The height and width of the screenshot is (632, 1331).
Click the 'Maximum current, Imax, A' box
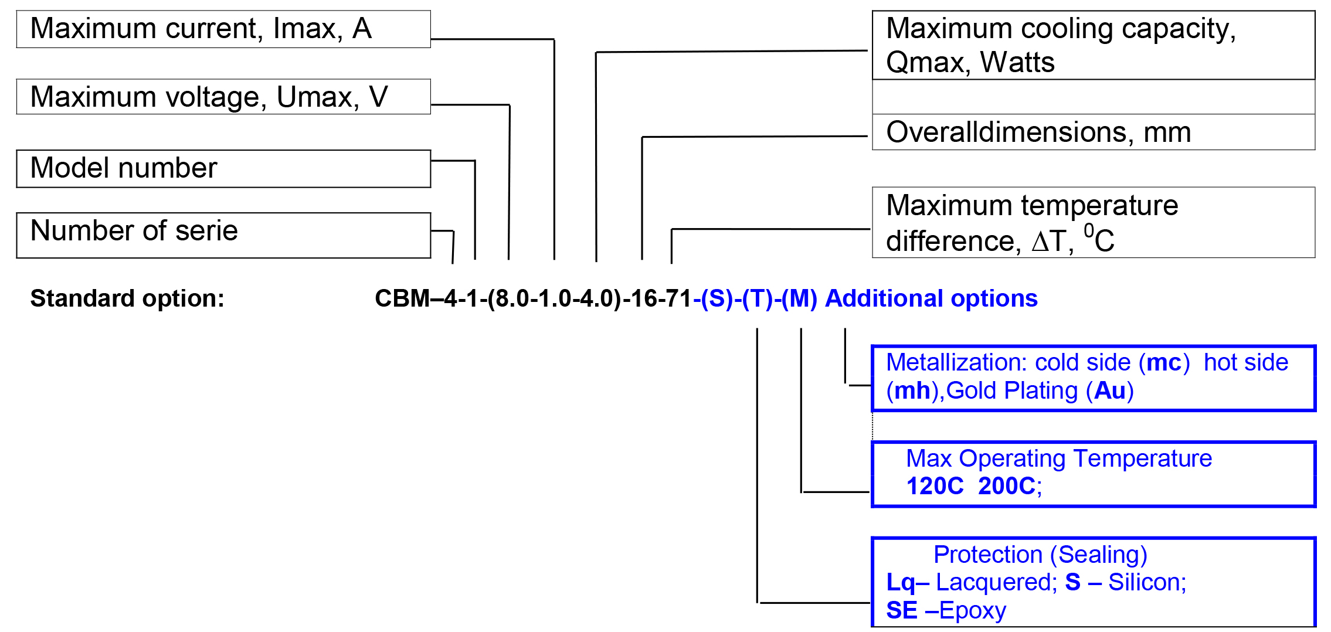pyautogui.click(x=223, y=29)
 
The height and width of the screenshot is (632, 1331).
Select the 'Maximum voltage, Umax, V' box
pyautogui.click(x=223, y=97)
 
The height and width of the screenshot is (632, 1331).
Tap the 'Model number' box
pyautogui.click(x=223, y=169)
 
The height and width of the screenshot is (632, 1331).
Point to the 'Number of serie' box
pyautogui.click(x=223, y=235)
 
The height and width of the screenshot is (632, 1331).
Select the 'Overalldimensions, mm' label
pyautogui.click(x=1038, y=132)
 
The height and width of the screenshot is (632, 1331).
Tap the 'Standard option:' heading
pyautogui.click(x=127, y=298)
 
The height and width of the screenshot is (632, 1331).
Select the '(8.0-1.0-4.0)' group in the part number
pyautogui.click(x=554, y=298)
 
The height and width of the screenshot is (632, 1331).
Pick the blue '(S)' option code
pyautogui.click(x=717, y=298)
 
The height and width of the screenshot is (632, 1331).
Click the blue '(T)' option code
pyautogui.click(x=757, y=298)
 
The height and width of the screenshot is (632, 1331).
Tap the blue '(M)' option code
pyautogui.click(x=799, y=298)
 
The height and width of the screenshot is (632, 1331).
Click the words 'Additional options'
pyautogui.click(x=931, y=298)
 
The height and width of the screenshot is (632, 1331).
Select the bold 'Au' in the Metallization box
pyautogui.click(x=1109, y=390)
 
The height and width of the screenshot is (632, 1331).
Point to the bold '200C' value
pyautogui.click(x=1006, y=486)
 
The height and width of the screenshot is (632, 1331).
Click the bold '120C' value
pyautogui.click(x=935, y=486)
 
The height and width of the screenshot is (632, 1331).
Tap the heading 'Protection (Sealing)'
pyautogui.click(x=1040, y=554)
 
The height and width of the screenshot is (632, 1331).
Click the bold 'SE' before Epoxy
pyautogui.click(x=901, y=610)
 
